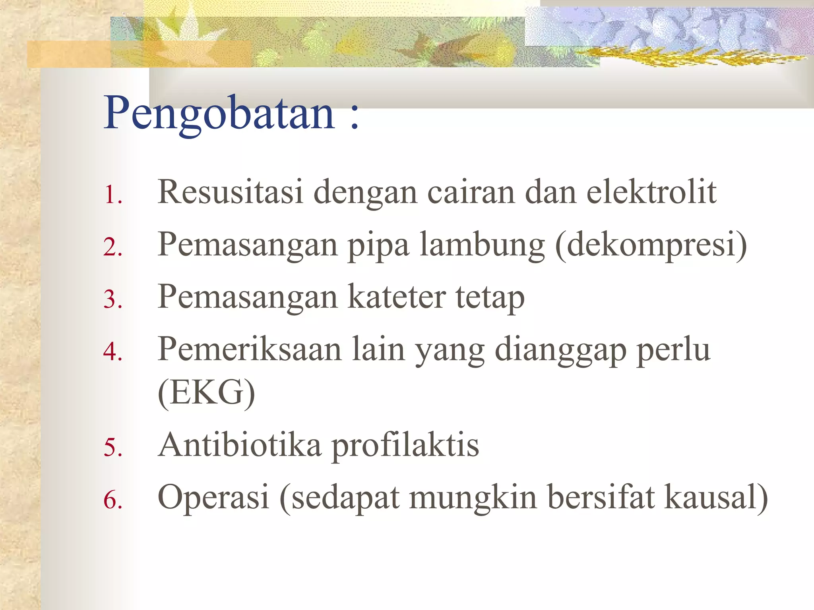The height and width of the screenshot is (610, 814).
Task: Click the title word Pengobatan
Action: [219, 114]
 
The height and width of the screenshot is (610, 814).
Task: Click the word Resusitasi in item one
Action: [231, 192]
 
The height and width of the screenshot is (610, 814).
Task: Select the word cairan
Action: [471, 193]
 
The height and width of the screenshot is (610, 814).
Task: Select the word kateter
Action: [397, 297]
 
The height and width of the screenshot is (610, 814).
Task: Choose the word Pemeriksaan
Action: [250, 349]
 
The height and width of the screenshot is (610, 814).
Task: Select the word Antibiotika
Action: [240, 445]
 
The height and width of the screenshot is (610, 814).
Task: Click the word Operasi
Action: [213, 497]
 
